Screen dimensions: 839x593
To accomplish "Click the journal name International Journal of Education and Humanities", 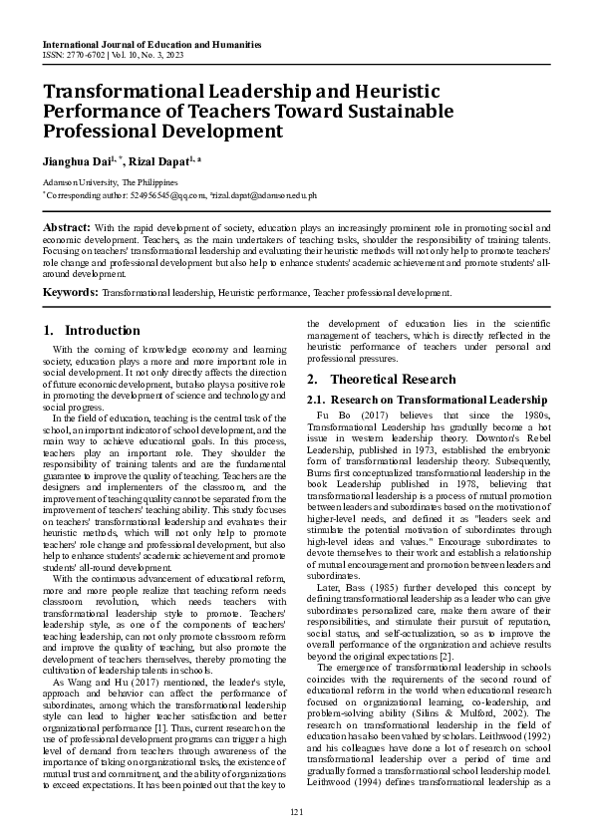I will coord(151,46).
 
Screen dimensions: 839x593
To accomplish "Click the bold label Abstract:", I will coord(67,229).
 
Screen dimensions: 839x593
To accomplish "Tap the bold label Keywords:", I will coord(70,293).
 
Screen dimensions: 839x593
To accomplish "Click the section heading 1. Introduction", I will coord(93,330).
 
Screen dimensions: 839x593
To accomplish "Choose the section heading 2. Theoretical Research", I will coord(381,380).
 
